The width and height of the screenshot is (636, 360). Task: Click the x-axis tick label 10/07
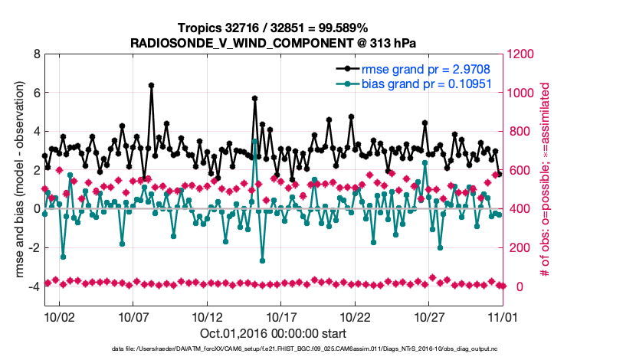click(x=133, y=316)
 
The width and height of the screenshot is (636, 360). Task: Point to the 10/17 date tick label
click(x=281, y=316)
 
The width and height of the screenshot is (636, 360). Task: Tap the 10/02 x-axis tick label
click(x=59, y=316)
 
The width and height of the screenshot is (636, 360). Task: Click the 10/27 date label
click(x=430, y=316)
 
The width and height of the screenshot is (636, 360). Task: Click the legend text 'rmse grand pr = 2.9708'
click(x=425, y=70)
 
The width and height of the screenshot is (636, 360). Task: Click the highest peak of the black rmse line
click(x=152, y=86)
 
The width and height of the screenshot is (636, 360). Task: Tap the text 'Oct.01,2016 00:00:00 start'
click(x=273, y=334)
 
